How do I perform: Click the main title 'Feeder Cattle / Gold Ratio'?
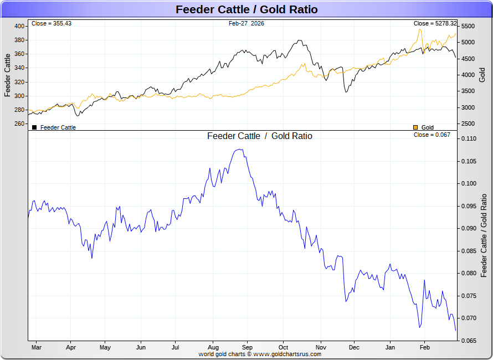(247, 9)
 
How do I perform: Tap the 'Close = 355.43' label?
(52, 24)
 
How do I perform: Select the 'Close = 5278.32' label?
(435, 24)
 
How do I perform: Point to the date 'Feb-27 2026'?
(247, 24)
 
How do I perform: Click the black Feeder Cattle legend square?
(34, 127)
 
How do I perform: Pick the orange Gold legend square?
(415, 127)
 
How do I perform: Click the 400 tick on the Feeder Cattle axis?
(20, 26)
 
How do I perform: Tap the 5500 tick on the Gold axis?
(468, 26)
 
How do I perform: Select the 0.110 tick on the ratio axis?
(468, 138)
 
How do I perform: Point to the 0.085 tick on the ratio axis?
(468, 251)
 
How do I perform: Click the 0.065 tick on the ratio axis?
(468, 341)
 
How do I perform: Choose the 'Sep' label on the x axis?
(247, 348)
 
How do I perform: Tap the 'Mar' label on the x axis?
(37, 348)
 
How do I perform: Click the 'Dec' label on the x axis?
(354, 348)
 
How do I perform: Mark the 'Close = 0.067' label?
(432, 135)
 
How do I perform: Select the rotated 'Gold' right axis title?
(482, 75)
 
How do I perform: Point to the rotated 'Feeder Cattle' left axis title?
(8, 75)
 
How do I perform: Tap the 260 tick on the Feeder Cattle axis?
(20, 124)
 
